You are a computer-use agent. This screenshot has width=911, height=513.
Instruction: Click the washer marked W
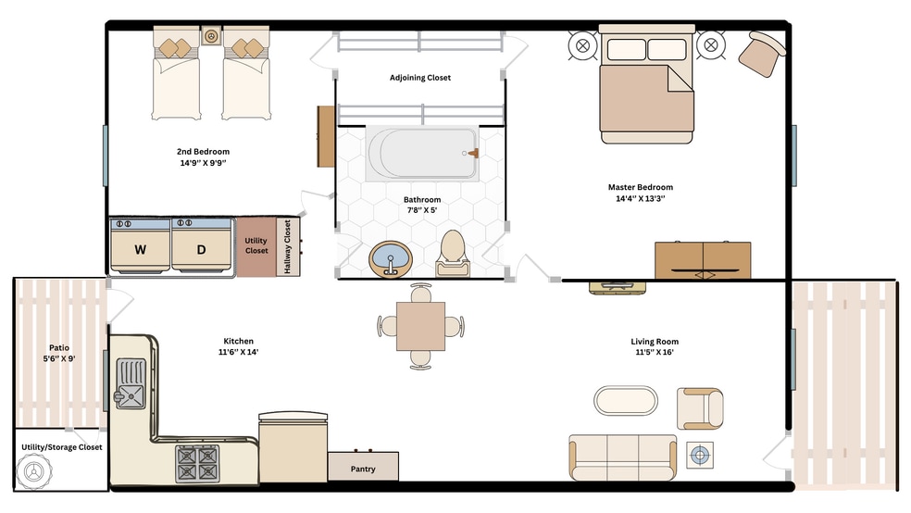[x=140, y=244]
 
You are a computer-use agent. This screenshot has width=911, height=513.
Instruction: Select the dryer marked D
[x=202, y=244]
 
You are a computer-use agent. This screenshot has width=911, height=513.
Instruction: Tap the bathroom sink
[x=391, y=258]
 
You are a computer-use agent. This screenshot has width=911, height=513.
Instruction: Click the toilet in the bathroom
[x=453, y=254]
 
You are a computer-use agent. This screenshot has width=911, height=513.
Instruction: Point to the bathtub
[x=422, y=153]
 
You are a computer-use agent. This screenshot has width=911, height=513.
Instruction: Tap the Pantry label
[x=363, y=469]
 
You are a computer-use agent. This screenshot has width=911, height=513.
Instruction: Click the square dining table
[x=420, y=326]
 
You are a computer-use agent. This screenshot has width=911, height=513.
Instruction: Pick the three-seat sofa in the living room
[x=623, y=457]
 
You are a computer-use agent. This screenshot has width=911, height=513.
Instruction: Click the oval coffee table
[x=626, y=400]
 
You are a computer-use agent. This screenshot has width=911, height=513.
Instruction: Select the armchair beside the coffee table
[x=700, y=409]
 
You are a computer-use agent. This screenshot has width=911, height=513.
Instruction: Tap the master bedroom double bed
[x=646, y=85]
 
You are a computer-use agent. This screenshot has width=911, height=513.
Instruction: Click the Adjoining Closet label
[x=420, y=77]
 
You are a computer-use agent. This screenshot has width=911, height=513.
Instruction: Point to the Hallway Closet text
[x=287, y=247]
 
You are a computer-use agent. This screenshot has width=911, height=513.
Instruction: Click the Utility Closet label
[x=256, y=245]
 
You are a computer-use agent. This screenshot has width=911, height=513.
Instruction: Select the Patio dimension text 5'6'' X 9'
[x=59, y=358]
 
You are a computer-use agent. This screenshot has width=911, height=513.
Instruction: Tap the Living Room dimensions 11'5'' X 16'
[x=655, y=352]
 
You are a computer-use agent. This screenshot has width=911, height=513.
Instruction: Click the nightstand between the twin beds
[x=211, y=35]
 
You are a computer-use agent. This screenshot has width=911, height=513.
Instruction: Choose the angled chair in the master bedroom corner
[x=762, y=54]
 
